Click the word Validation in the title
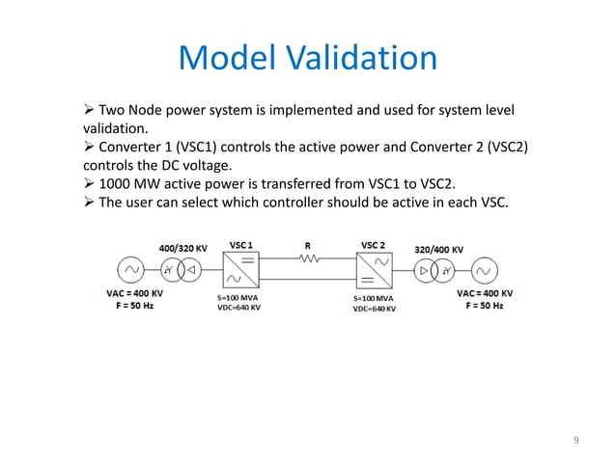click(359, 59)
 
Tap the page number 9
click(576, 442)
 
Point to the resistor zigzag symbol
click(309, 258)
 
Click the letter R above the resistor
click(307, 245)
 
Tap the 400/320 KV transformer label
click(182, 248)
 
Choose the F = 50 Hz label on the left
click(129, 305)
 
